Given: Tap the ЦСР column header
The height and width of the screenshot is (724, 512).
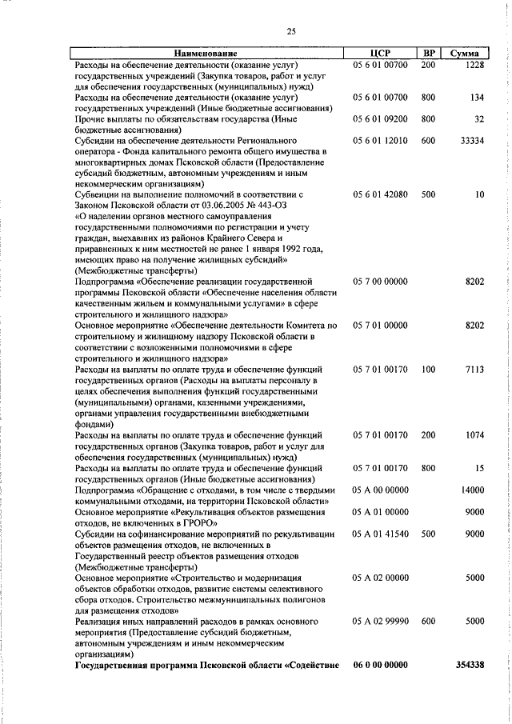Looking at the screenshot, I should click(380, 54).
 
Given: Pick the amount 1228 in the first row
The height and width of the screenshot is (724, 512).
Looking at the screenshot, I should click(475, 64).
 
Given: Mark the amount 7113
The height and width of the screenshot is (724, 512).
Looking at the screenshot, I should click(475, 370).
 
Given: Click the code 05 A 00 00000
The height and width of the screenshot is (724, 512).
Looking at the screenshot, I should click(380, 490).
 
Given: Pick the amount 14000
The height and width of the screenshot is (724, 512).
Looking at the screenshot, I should click(473, 490).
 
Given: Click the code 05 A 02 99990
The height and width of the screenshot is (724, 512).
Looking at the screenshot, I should click(380, 621).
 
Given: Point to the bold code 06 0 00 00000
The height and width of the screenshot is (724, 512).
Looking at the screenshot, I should click(380, 665).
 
